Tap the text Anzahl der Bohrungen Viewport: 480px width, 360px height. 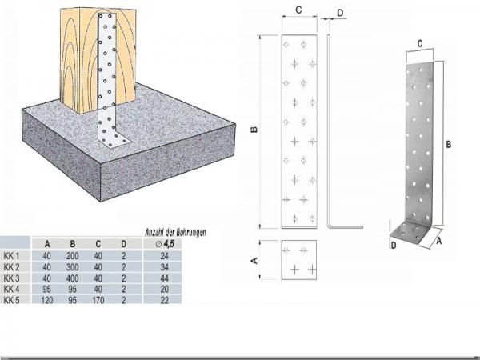[175, 232]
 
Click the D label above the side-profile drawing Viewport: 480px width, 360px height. [340, 12]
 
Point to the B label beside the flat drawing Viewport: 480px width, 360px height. [254, 130]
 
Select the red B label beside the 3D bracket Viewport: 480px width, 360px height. [449, 145]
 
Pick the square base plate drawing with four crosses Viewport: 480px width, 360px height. [299, 261]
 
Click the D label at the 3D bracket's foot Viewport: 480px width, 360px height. [393, 246]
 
